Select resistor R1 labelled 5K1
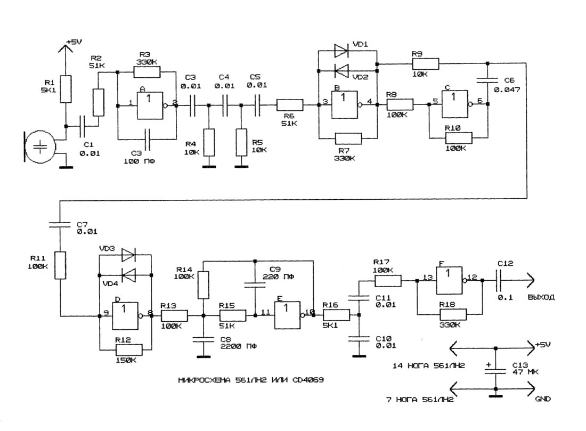click(66, 88)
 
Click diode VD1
click(340, 51)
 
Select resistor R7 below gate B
click(348, 139)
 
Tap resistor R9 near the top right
click(425, 64)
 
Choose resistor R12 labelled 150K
click(128, 349)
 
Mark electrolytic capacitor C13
click(495, 369)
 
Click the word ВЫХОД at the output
click(541, 297)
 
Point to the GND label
click(543, 399)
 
